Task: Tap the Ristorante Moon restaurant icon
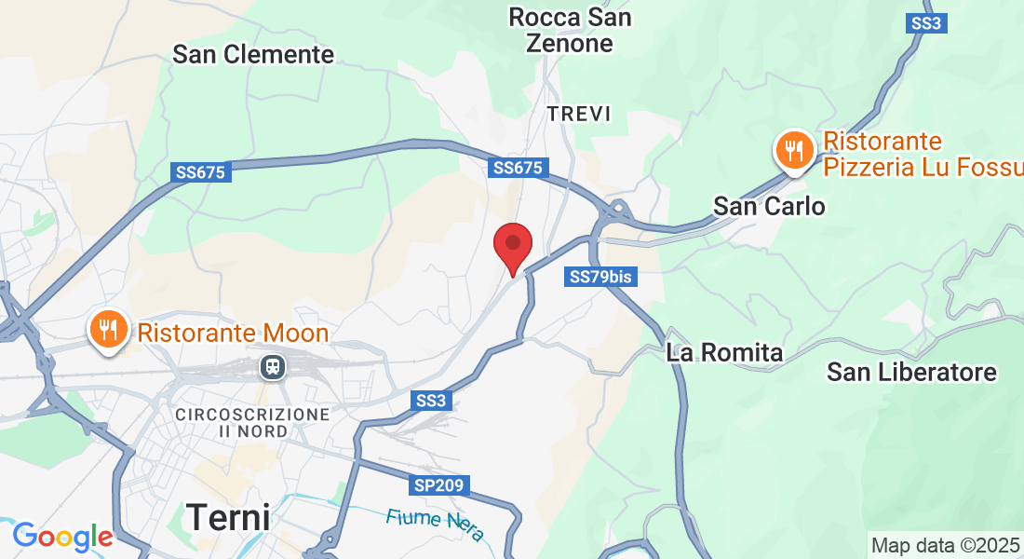click(109, 331)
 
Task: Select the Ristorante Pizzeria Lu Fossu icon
click(794, 151)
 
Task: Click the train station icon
click(273, 367)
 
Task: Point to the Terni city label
click(228, 515)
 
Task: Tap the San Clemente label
click(253, 54)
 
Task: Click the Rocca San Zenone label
click(570, 30)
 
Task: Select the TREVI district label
click(579, 114)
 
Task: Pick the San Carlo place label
click(769, 206)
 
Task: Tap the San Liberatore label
click(911, 373)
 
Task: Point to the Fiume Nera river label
click(436, 522)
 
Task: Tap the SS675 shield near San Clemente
click(202, 172)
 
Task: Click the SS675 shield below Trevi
click(519, 168)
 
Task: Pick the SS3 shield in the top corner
click(926, 23)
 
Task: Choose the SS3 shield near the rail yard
click(431, 400)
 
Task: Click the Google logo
click(62, 537)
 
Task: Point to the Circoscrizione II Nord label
click(252, 422)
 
